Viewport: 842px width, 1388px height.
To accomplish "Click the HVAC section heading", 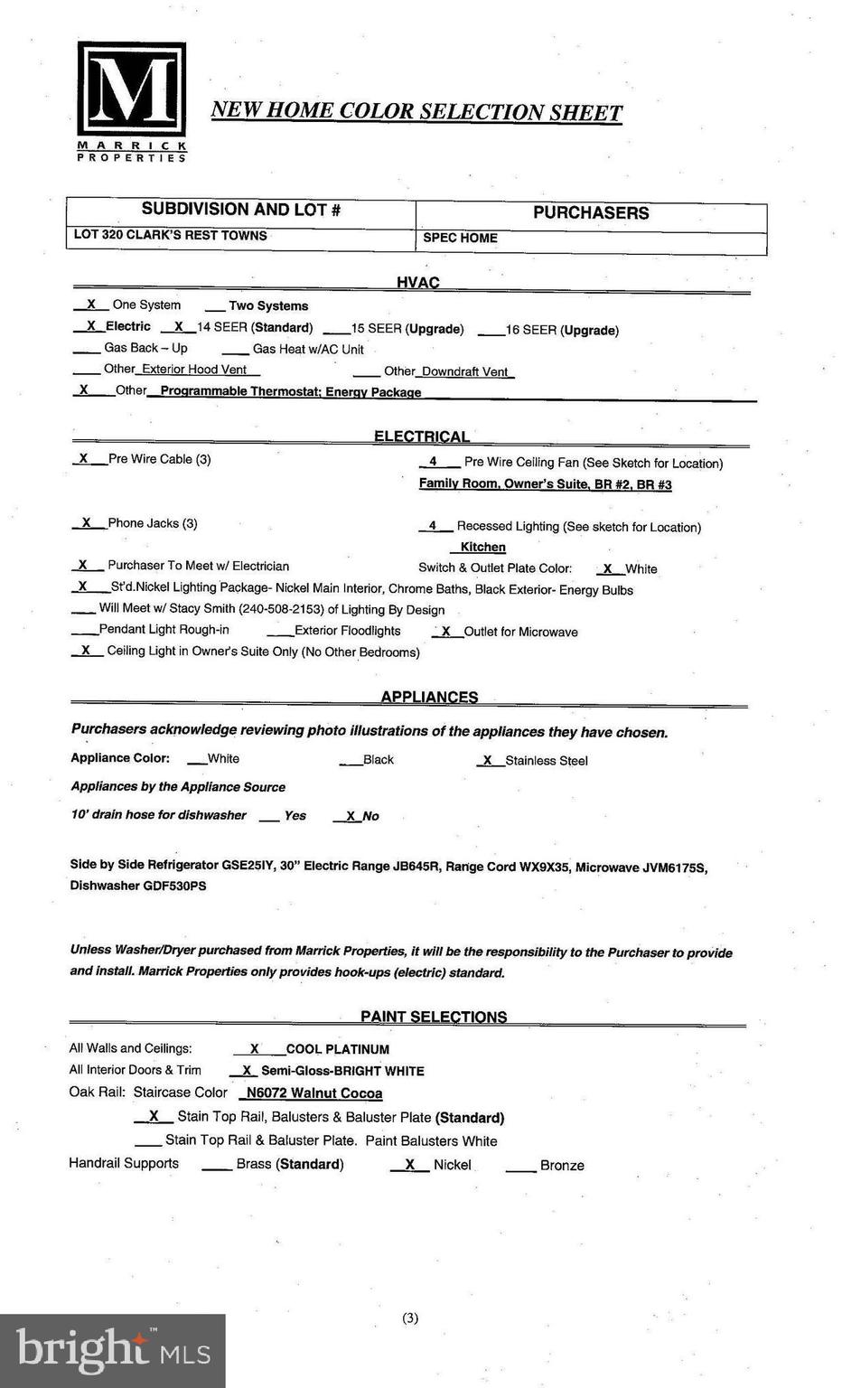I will coord(417,282).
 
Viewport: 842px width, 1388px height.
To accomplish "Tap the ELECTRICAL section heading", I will coord(421,436).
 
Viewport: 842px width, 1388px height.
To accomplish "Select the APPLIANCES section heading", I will coord(429,697).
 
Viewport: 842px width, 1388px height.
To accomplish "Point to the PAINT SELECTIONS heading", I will coord(434,1017).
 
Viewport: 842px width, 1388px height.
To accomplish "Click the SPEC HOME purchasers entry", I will coord(460,238).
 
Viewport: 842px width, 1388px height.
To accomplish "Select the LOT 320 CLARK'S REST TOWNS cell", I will coord(170,235).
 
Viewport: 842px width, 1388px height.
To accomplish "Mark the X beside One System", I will coord(91,305).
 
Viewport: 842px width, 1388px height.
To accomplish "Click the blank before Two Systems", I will coord(215,306).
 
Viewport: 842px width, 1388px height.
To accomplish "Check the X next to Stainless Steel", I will coord(488,760).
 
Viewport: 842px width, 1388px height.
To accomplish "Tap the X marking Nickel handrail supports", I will coord(409,1165).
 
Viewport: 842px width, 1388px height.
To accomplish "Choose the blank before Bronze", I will coord(520,1166).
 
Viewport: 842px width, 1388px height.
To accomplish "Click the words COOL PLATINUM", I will coord(337,1049).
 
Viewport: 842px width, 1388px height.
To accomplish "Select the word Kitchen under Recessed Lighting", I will coord(482,547).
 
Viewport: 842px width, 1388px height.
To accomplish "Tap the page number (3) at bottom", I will coord(410,1318).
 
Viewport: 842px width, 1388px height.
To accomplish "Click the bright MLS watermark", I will coord(112,1350).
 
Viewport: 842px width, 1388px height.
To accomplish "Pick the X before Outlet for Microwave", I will coord(446,632).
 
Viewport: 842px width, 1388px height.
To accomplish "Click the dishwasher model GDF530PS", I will coord(174,886).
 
